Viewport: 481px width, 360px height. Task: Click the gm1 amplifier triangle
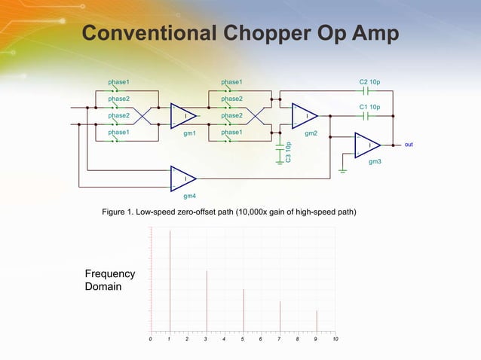tap(183, 116)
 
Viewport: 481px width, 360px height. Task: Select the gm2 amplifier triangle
tap(305, 116)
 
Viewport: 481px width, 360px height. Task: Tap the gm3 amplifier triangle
tap(367, 145)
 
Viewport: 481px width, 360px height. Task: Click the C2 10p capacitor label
tap(369, 81)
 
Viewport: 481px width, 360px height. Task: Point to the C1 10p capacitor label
tap(369, 107)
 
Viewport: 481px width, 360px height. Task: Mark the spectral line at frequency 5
tap(244, 310)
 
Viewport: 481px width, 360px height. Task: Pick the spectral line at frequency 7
tap(280, 316)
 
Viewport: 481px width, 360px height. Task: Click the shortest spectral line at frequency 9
tap(317, 320)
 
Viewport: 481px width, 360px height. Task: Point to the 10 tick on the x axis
tap(335, 340)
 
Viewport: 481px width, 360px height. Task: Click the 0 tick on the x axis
tap(151, 340)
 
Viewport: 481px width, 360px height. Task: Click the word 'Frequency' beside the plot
tap(110, 273)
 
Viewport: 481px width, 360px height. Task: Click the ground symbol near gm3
tap(344, 171)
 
